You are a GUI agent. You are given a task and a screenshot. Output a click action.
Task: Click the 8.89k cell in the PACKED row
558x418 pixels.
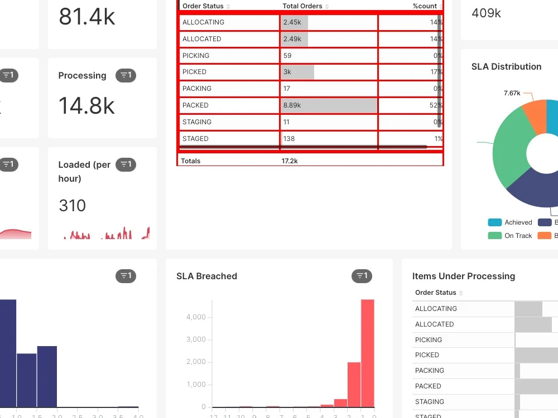coord(292,105)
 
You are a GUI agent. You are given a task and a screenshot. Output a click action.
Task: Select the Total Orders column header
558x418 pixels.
coord(302,6)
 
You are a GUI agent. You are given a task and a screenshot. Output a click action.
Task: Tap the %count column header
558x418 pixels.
coord(425,6)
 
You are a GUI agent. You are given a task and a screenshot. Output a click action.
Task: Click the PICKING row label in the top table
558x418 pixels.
coord(196,56)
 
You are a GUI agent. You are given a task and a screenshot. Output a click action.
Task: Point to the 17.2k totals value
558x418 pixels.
coord(290,161)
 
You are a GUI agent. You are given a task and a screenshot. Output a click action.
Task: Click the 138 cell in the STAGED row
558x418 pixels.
coord(288,139)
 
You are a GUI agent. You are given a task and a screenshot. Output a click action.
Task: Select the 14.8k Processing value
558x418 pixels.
coord(86,106)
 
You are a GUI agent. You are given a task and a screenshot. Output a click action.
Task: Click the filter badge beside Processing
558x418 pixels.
coord(126,75)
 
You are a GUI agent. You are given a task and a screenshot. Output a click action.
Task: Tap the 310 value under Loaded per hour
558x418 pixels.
coord(73,206)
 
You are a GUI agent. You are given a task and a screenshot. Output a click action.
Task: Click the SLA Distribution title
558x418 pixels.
coord(506,67)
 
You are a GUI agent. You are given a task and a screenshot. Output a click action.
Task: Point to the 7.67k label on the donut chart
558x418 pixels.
coord(512,93)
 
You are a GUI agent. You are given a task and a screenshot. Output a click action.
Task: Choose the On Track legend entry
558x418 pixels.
coord(518,236)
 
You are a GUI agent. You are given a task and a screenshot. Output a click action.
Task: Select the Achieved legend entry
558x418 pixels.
coord(518,222)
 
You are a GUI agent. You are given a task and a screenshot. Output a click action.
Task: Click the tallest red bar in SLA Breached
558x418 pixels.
coord(367,353)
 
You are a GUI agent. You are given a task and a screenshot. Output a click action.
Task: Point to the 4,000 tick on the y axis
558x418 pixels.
coord(196,317)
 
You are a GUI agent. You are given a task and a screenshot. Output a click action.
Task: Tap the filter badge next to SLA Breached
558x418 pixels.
coord(362,276)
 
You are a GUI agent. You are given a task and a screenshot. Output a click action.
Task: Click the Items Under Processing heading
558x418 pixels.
coord(463,276)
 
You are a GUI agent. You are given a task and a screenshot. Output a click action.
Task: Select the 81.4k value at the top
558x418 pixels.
coord(86,17)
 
